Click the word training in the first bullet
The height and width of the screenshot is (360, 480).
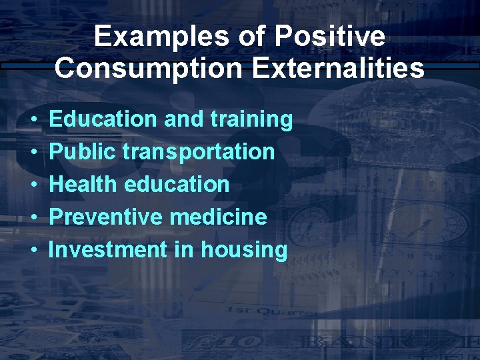(x=251, y=120)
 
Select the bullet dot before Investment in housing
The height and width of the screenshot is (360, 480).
(x=33, y=250)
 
